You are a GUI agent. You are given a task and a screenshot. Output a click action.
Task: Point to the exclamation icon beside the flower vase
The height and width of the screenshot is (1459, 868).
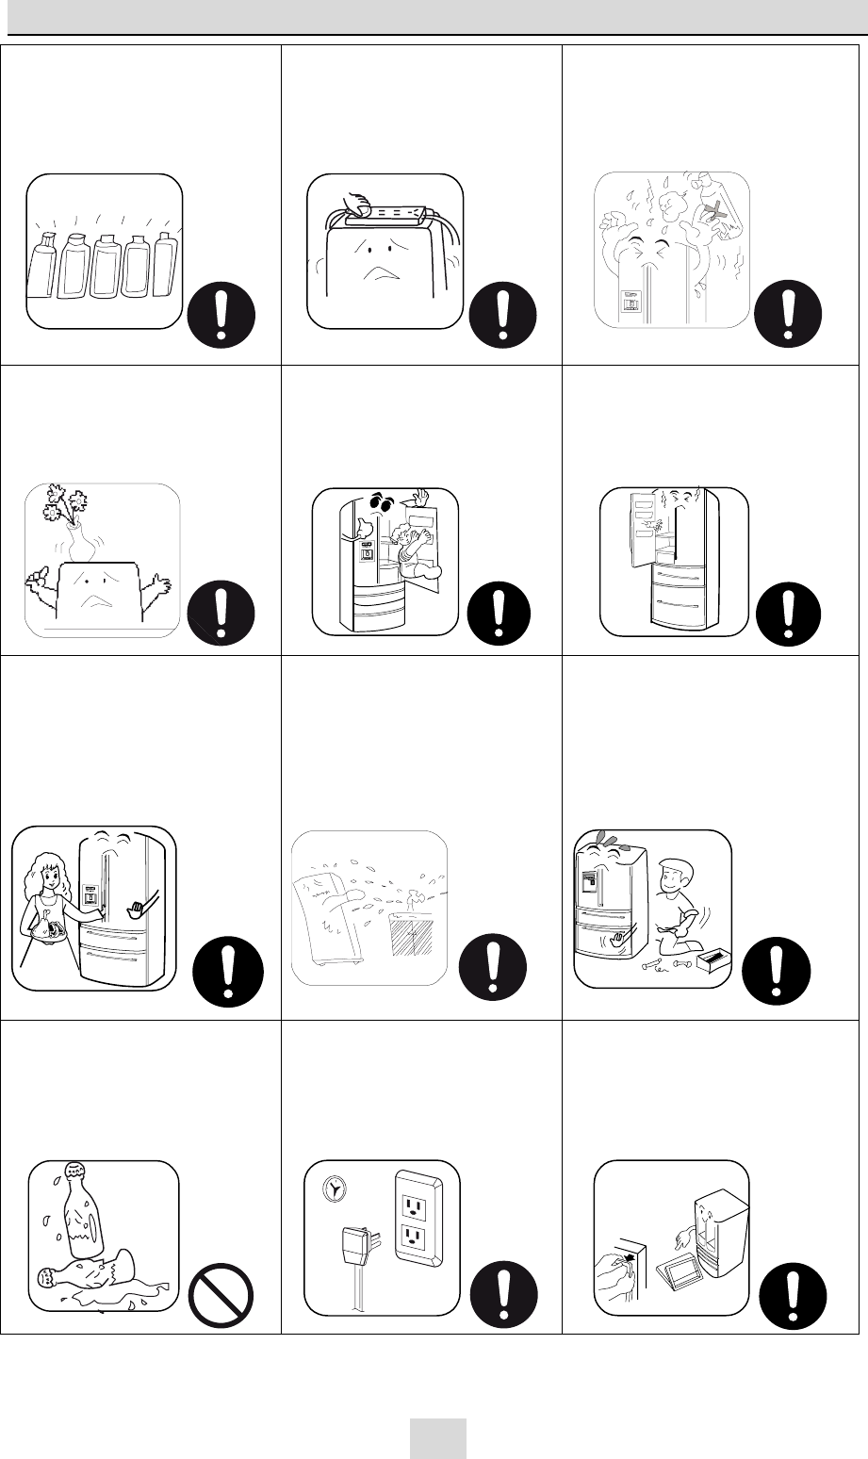[221, 614]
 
